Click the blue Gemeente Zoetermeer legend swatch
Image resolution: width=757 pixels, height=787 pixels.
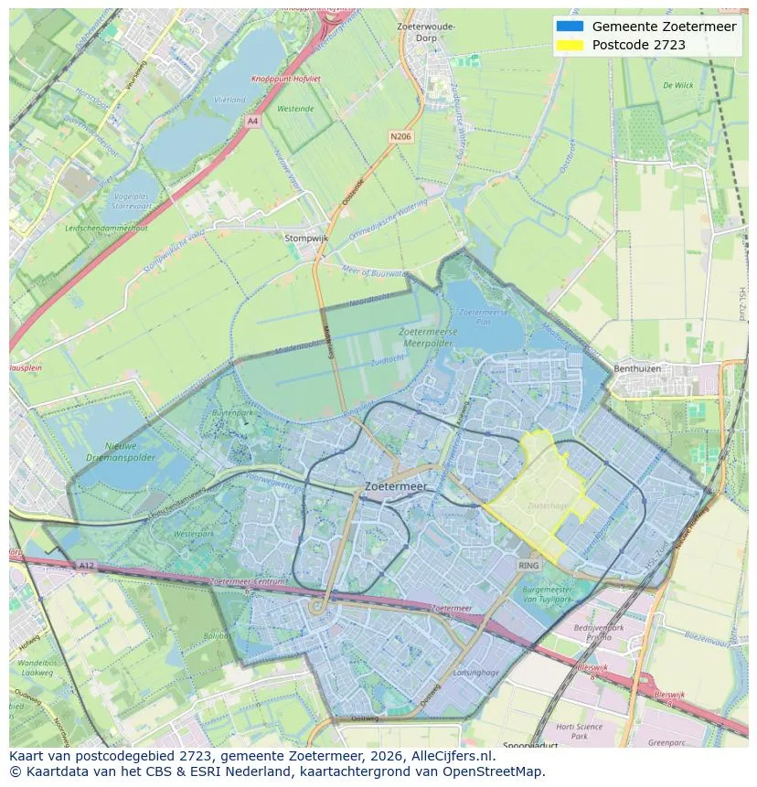(x=569, y=27)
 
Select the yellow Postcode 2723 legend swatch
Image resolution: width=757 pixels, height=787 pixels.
(x=569, y=45)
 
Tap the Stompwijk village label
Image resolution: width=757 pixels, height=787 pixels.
(x=305, y=238)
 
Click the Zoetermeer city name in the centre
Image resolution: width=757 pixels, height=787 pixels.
(x=395, y=487)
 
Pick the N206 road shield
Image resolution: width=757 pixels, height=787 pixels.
(x=400, y=136)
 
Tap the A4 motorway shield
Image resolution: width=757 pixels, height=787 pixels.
(x=252, y=121)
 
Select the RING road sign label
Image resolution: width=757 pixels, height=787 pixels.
(x=529, y=566)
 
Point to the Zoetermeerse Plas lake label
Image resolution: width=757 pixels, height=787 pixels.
(x=477, y=317)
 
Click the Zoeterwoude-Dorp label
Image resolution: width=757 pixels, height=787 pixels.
(x=426, y=31)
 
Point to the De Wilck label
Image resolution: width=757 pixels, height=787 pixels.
(x=677, y=85)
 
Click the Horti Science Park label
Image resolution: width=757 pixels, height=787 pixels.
(x=578, y=731)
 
